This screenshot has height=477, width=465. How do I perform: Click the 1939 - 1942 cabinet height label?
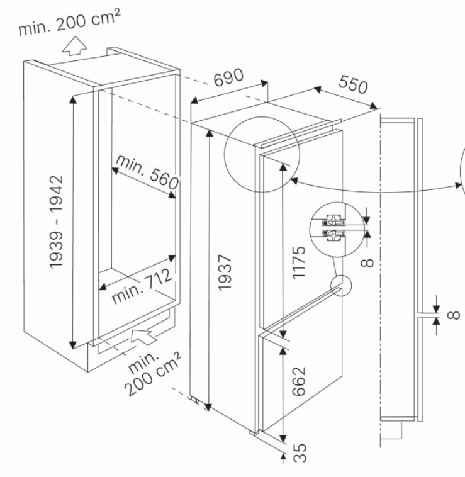57,221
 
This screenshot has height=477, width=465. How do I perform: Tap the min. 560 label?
147,174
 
